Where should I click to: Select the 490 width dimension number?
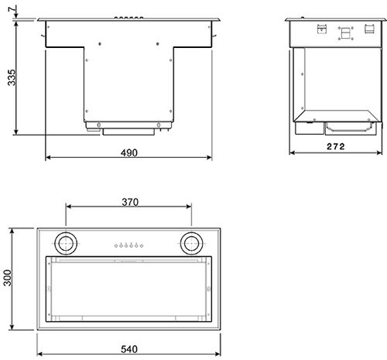[x=128, y=153]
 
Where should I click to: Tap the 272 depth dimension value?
[x=335, y=146]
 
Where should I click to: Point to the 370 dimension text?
[x=129, y=202]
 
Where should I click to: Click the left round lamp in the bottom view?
[x=67, y=244]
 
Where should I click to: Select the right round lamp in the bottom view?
[x=192, y=244]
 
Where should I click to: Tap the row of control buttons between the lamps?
[x=128, y=245]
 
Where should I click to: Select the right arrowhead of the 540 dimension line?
[x=220, y=338]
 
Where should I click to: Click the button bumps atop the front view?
[x=129, y=15]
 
